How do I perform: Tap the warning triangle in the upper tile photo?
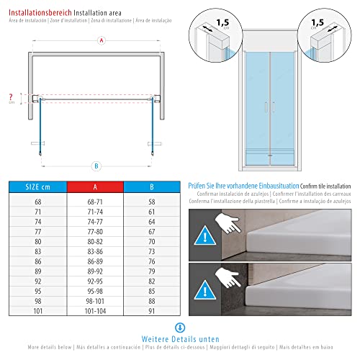(207, 235)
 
